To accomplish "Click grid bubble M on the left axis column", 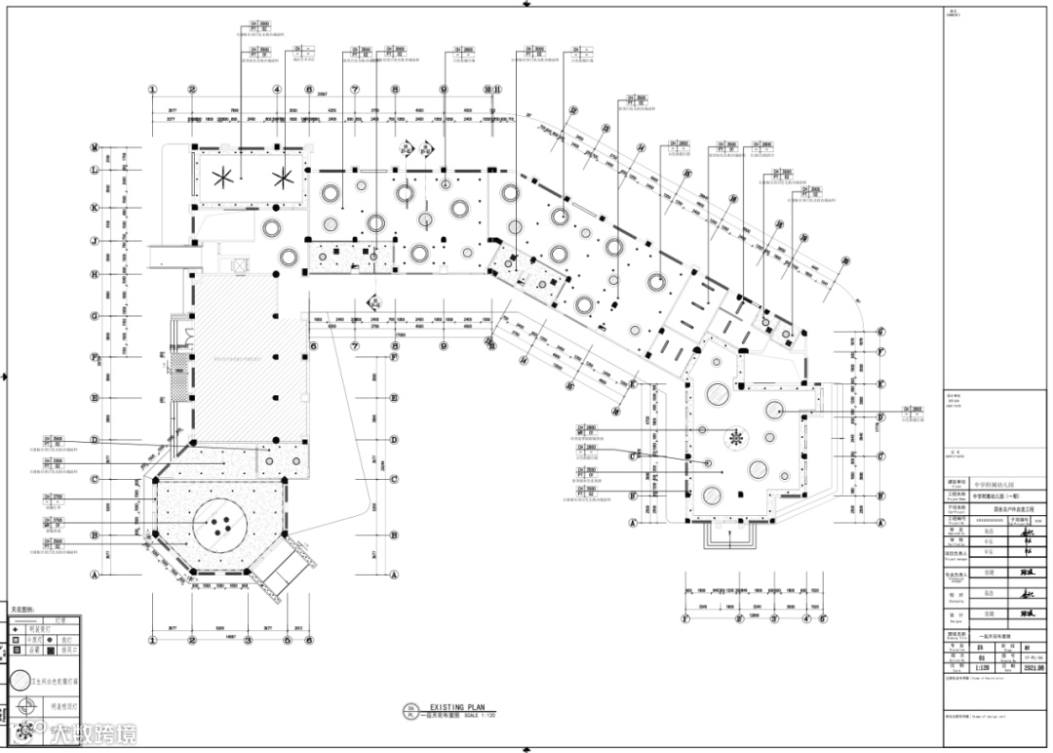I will point(95,148).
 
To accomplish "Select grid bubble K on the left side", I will point(95,208).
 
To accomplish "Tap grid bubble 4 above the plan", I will point(277,90).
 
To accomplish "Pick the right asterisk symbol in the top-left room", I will point(284,177).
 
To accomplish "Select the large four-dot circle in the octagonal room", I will point(220,528).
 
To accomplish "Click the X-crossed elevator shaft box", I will point(236,264).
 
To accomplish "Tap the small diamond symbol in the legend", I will point(16,628).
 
